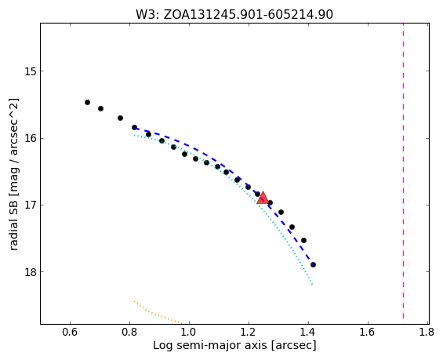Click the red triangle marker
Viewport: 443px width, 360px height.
click(x=263, y=198)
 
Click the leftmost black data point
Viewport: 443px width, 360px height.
click(x=87, y=102)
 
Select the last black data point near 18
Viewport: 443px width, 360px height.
click(x=313, y=265)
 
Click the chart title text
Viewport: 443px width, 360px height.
click(x=234, y=15)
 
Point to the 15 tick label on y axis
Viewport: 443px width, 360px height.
click(x=31, y=71)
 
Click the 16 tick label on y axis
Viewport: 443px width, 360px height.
click(x=31, y=139)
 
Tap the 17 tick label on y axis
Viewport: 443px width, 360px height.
click(x=31, y=205)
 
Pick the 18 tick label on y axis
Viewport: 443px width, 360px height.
click(x=31, y=272)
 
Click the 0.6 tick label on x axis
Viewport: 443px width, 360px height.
click(x=70, y=332)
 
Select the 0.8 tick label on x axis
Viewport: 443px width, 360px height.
click(x=129, y=332)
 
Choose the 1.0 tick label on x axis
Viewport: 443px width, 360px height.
click(x=189, y=332)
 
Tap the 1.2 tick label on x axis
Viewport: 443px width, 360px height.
click(x=249, y=332)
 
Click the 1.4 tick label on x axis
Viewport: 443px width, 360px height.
click(x=308, y=332)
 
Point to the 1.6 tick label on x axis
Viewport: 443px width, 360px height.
click(x=368, y=332)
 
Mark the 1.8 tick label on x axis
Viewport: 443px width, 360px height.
click(x=427, y=332)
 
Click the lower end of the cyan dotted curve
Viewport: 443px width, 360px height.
click(x=312, y=284)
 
